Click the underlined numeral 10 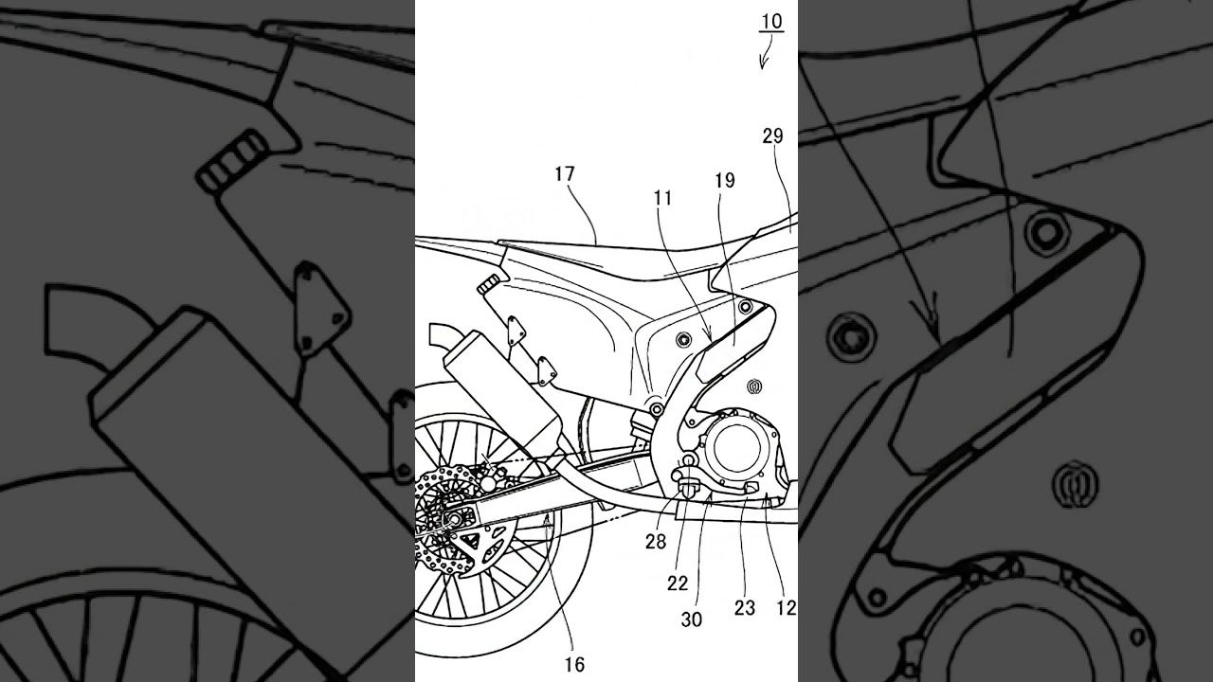772,22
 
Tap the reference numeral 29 772,135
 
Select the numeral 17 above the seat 564,174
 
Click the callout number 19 725,180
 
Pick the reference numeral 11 662,199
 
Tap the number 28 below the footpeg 656,541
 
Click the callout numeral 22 678,583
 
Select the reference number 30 692,619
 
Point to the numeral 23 745,608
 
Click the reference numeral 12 787,608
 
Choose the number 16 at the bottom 574,665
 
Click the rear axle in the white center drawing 453,520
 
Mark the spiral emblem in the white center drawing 754,386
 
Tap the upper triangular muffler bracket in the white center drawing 515,332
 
